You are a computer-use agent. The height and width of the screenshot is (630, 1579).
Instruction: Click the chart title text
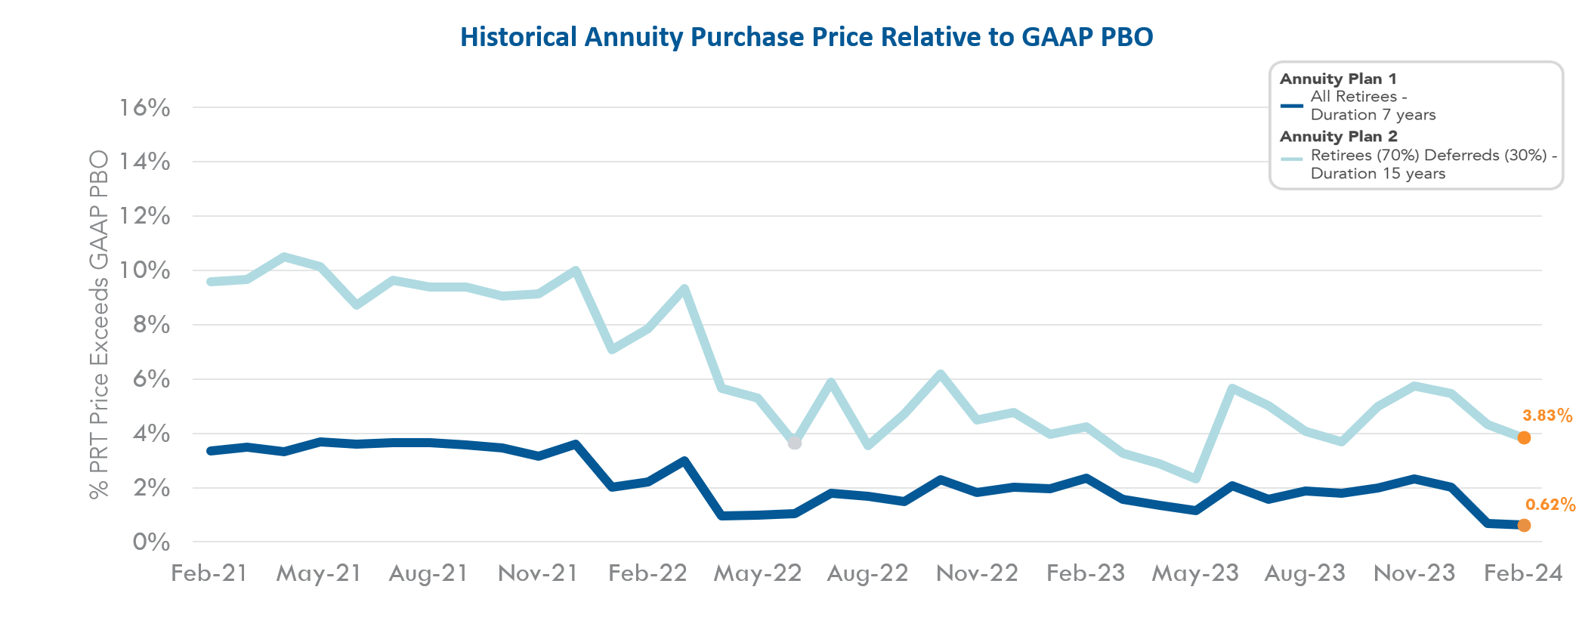click(x=806, y=37)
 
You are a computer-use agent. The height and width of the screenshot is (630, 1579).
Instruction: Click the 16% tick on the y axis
click(x=144, y=108)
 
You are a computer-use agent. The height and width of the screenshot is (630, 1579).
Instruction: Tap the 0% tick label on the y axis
click(x=151, y=542)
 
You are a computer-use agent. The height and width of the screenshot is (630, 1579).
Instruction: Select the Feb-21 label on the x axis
click(x=209, y=573)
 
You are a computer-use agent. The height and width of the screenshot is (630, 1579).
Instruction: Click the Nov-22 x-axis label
click(x=977, y=573)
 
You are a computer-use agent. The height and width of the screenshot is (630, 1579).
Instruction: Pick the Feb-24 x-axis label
click(x=1522, y=573)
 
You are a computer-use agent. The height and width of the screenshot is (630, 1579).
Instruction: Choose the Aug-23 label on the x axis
click(x=1305, y=573)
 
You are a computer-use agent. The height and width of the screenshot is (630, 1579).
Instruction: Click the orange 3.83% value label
click(x=1547, y=415)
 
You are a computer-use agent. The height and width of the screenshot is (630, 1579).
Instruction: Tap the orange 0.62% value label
click(x=1550, y=505)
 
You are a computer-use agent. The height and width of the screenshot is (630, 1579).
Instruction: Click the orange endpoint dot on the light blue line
click(x=1524, y=438)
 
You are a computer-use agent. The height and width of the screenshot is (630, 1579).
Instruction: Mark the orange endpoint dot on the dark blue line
click(x=1524, y=525)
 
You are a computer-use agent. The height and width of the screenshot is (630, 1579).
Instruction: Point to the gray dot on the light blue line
click(x=794, y=443)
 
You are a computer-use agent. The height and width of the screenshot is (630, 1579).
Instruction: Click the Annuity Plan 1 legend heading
click(x=1338, y=79)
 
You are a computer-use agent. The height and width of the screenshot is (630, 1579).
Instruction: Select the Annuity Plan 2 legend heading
click(x=1338, y=137)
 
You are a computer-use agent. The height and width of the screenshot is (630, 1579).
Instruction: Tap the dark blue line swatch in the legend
click(x=1292, y=106)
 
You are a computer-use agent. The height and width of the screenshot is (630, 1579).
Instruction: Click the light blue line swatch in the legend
click(x=1292, y=159)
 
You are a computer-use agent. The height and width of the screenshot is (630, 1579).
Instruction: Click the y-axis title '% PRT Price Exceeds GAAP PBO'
click(x=99, y=325)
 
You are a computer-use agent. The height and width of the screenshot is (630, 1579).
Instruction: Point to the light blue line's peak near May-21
click(x=283, y=257)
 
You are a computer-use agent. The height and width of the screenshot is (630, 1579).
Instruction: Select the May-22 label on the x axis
click(x=757, y=573)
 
